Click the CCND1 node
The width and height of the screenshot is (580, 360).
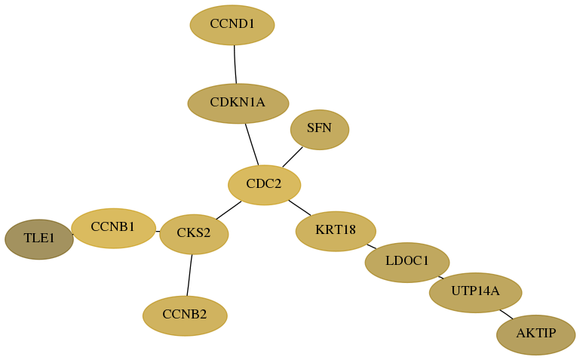pos(232,25)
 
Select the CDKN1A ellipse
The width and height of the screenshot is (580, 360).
pos(238,103)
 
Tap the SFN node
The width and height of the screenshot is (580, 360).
pos(320,130)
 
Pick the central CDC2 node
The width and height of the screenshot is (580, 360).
pos(265,185)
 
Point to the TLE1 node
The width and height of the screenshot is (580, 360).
pos(39,239)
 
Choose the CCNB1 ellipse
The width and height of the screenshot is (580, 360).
pos(114,228)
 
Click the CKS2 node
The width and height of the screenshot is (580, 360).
pos(194,234)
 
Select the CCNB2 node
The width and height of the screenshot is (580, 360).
pos(185,316)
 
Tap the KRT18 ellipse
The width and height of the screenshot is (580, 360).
pos(336,231)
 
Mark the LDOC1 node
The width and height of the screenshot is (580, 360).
pos(407,263)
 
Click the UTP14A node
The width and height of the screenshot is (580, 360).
pos(476,293)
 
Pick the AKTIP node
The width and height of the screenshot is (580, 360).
pos(536,335)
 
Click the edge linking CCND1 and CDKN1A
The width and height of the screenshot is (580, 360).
pos(235,64)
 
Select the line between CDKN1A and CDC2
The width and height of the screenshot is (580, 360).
pos(252,144)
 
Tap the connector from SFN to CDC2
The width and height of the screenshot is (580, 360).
pos(293,157)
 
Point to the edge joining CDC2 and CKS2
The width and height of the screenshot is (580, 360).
pos(229,210)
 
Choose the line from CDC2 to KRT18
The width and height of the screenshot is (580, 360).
pos(299,208)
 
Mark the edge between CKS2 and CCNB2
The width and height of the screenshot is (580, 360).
pos(189,275)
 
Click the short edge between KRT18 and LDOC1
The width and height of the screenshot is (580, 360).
pos(371,246)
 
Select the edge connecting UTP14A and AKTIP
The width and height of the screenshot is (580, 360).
pos(506,314)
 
